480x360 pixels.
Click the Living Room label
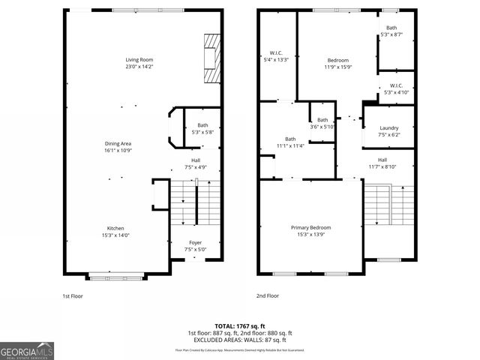tap(139, 64)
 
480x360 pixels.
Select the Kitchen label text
tap(115, 232)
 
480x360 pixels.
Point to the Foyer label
tap(195, 246)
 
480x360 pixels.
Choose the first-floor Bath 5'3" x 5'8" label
tap(202, 129)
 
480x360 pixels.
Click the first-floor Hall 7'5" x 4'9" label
tap(195, 163)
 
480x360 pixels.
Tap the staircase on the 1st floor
tap(197, 209)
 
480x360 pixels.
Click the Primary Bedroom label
tap(310, 231)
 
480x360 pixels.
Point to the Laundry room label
tap(389, 131)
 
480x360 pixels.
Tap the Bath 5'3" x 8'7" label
tap(392, 31)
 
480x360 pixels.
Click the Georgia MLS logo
tap(27, 350)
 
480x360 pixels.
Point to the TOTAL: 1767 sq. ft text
tap(239, 325)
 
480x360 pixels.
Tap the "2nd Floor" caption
tap(268, 296)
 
